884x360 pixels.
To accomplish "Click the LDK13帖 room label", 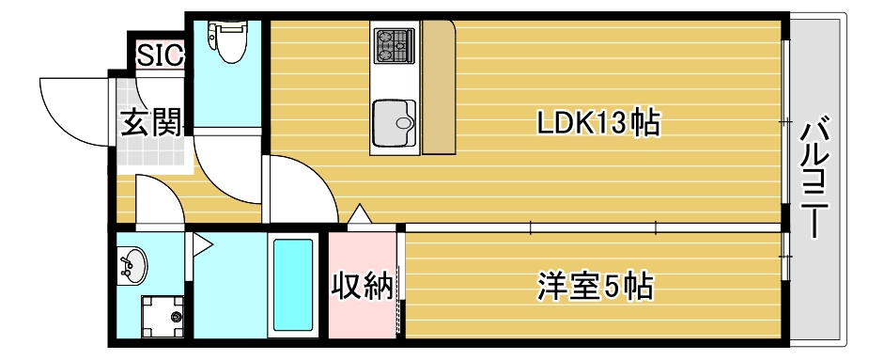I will [596, 121].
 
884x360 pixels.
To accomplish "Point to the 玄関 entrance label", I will [149, 123].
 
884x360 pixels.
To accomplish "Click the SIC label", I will [159, 56].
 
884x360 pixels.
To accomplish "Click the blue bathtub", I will [291, 285].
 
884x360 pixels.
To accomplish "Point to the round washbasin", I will [132, 264].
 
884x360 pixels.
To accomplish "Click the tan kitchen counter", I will [439, 89].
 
